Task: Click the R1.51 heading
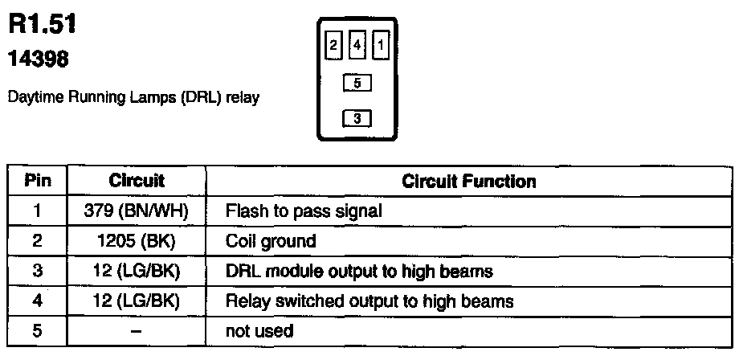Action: point(43,25)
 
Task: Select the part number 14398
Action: point(39,59)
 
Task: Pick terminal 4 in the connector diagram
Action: point(357,47)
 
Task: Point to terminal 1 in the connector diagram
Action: point(381,47)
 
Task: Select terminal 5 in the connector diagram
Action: point(357,82)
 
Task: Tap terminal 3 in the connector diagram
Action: point(357,118)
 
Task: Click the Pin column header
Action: point(37,182)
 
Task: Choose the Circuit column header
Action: point(136,182)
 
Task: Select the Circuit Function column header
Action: point(468,182)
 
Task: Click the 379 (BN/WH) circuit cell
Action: point(136,211)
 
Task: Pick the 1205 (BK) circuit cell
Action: point(136,241)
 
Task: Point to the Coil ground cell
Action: point(271,241)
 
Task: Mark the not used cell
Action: point(259,330)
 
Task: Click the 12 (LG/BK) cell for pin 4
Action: point(136,301)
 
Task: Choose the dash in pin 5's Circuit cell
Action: point(136,330)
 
